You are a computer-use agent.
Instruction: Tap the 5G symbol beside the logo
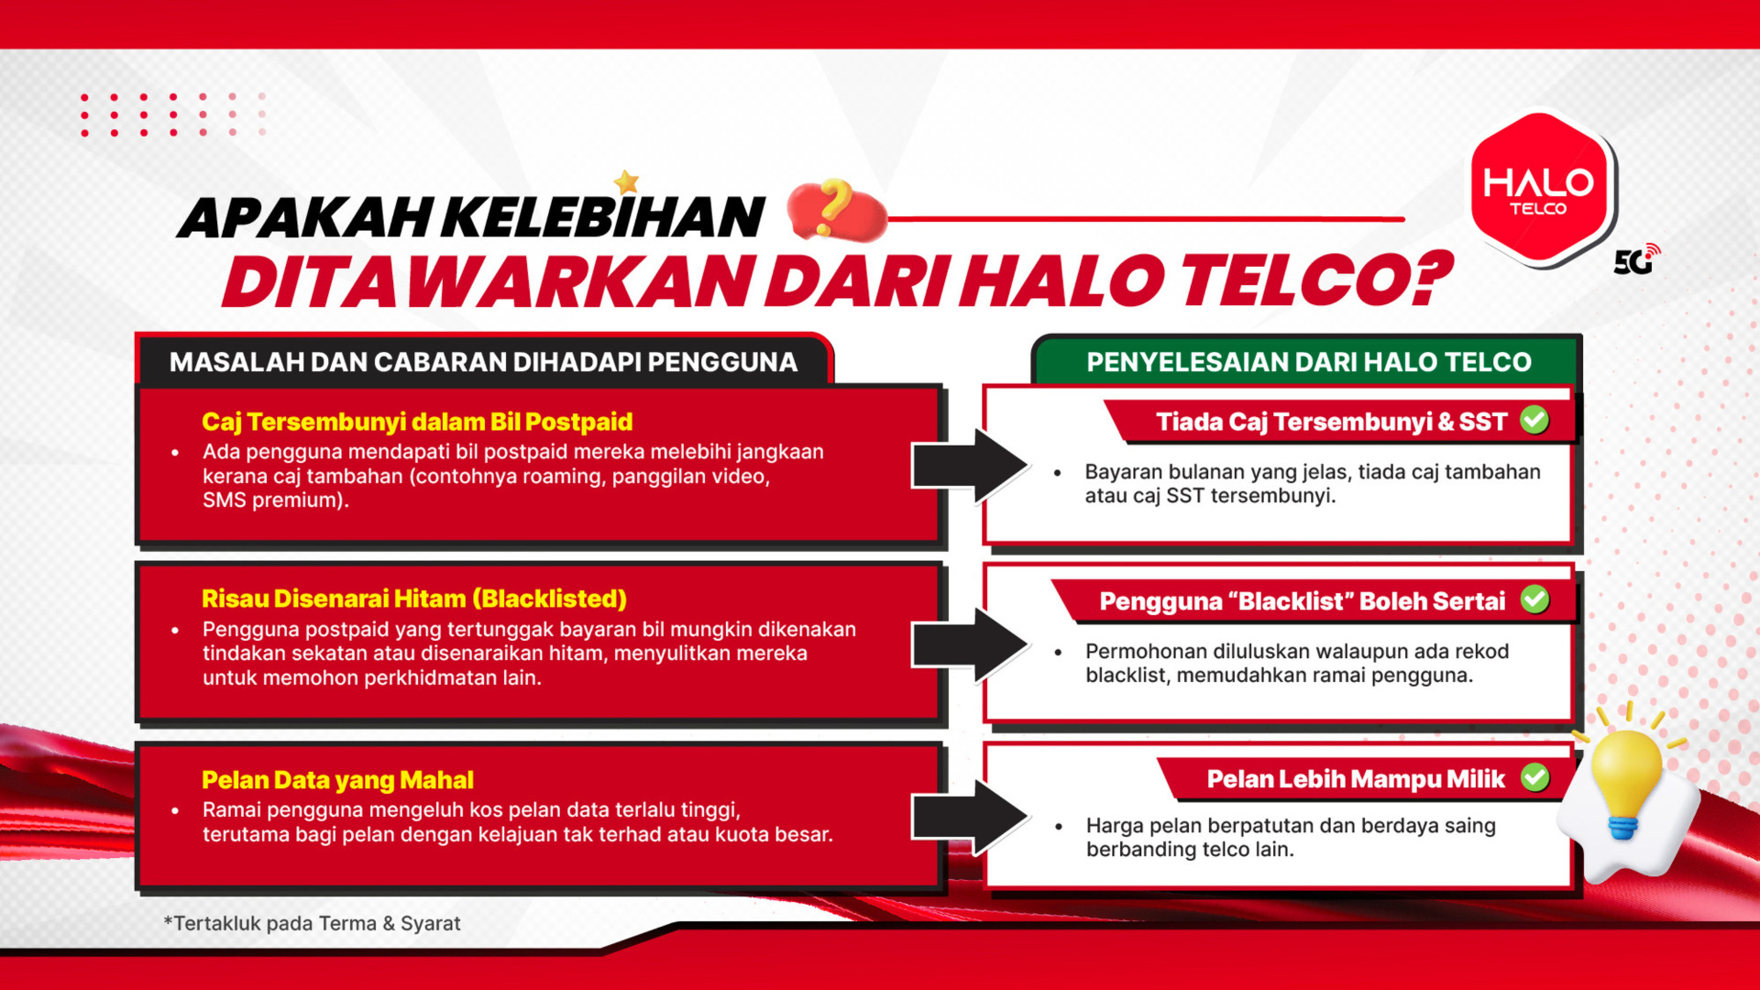tap(1636, 260)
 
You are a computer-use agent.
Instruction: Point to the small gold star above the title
tap(627, 182)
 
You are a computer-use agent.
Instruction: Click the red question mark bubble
tap(835, 209)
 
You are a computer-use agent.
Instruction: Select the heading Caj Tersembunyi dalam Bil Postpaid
tap(417, 422)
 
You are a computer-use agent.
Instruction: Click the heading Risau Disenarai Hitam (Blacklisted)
tap(414, 599)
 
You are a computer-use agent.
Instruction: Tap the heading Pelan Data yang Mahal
tap(337, 780)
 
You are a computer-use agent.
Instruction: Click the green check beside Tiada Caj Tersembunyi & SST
tap(1534, 420)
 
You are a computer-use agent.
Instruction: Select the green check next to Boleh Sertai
tap(1534, 599)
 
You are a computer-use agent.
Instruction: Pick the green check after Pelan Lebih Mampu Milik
tap(1534, 778)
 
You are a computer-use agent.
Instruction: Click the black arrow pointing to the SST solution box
tap(969, 466)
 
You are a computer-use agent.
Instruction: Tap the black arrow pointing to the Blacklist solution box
tap(969, 645)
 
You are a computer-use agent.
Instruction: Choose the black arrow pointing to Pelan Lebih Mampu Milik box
tap(969, 817)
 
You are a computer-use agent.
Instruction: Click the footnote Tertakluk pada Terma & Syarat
tap(313, 923)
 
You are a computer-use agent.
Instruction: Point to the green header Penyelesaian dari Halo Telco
tap(1308, 362)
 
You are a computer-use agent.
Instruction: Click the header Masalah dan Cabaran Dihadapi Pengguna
tap(483, 362)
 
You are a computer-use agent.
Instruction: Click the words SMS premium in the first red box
tap(274, 500)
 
